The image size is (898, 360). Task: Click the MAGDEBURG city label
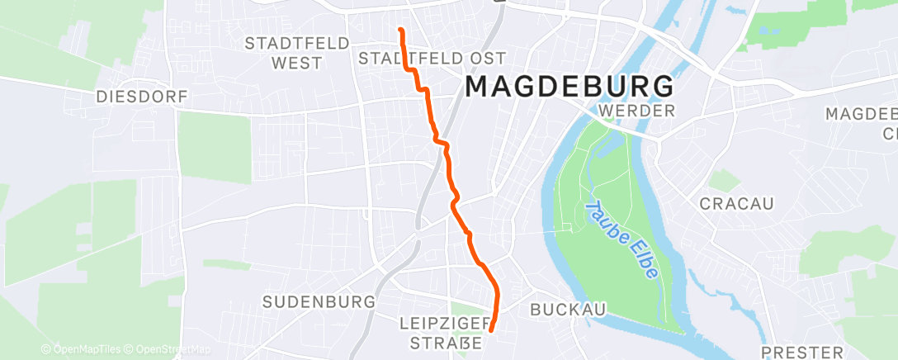pyautogui.click(x=570, y=86)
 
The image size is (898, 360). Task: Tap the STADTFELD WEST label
pyautogui.click(x=295, y=53)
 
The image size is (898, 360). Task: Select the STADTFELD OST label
pyautogui.click(x=431, y=58)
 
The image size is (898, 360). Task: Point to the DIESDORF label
pyautogui.click(x=143, y=97)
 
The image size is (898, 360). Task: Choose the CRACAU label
pyautogui.click(x=737, y=203)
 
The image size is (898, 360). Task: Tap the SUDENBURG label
pyautogui.click(x=319, y=302)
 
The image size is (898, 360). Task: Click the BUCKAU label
pyautogui.click(x=569, y=310)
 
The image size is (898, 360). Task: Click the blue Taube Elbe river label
pyautogui.click(x=622, y=239)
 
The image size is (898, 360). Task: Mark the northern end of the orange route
pyautogui.click(x=400, y=30)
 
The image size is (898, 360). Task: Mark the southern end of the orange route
pyautogui.click(x=491, y=330)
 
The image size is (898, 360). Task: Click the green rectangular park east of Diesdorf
pyautogui.click(x=214, y=147)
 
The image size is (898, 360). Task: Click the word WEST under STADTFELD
pyautogui.click(x=295, y=63)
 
